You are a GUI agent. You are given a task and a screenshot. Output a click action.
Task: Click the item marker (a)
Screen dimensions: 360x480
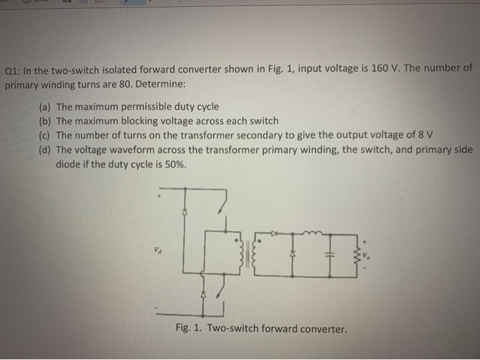click(x=45, y=107)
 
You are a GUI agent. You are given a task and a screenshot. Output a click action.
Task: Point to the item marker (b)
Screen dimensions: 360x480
click(x=45, y=121)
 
